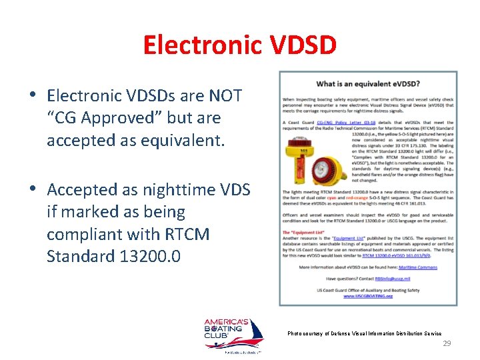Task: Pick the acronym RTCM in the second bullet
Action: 189,234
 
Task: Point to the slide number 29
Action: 447,343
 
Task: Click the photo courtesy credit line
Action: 364,333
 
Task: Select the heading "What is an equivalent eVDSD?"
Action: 367,84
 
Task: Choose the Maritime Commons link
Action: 418,267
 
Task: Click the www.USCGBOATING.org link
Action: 368,296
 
